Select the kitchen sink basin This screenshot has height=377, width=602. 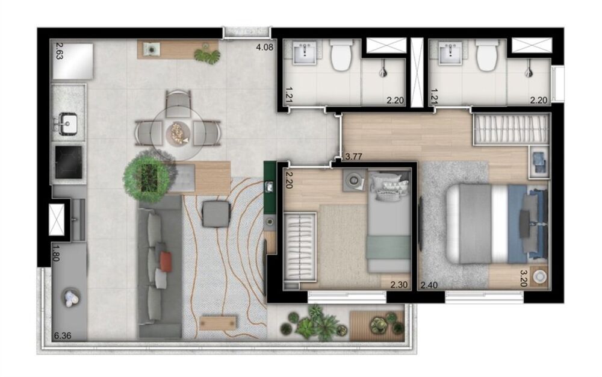tap(68, 125)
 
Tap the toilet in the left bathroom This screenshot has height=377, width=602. tap(341, 55)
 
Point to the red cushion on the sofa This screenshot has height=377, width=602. tap(166, 260)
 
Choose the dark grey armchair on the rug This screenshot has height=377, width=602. tap(216, 214)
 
